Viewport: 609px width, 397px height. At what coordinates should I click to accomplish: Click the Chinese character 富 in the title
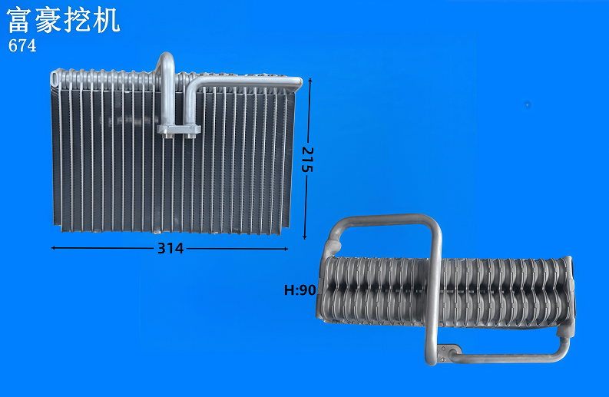click(x=19, y=20)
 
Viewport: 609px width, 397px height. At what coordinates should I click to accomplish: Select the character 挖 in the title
click(x=77, y=20)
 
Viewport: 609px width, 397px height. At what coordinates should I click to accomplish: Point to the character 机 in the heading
click(x=106, y=20)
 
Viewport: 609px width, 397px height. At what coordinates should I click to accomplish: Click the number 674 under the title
click(x=22, y=45)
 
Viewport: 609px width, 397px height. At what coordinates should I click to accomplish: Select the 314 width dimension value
click(x=170, y=248)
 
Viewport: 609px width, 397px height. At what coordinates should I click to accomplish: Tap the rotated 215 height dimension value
click(x=307, y=159)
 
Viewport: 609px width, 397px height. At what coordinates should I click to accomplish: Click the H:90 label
click(x=300, y=289)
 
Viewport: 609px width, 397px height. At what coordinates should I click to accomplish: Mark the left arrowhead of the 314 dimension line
click(x=54, y=247)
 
